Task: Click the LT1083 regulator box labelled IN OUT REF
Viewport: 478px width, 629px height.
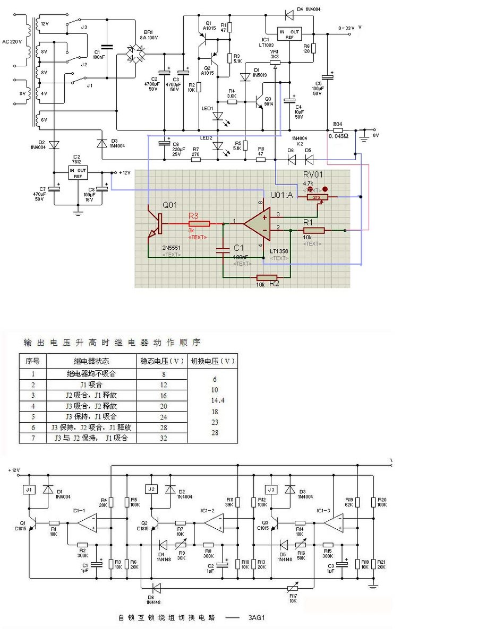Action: [289, 35]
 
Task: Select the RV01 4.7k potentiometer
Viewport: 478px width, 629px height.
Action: [317, 197]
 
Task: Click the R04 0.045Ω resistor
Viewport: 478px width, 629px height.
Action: [337, 129]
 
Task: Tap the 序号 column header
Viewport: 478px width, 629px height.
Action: [32, 361]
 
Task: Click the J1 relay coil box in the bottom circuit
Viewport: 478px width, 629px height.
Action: [29, 489]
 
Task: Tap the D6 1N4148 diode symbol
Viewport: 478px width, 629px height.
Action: [156, 588]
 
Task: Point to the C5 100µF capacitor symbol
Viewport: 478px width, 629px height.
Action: [327, 76]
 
